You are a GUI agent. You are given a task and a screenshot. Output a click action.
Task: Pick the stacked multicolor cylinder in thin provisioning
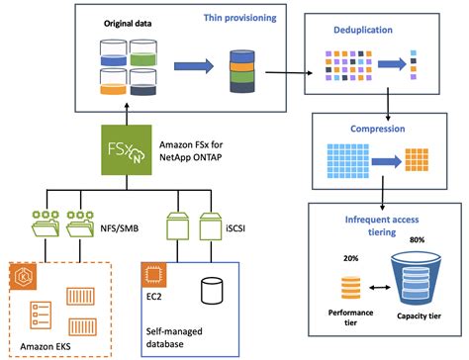pyautogui.click(x=242, y=66)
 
